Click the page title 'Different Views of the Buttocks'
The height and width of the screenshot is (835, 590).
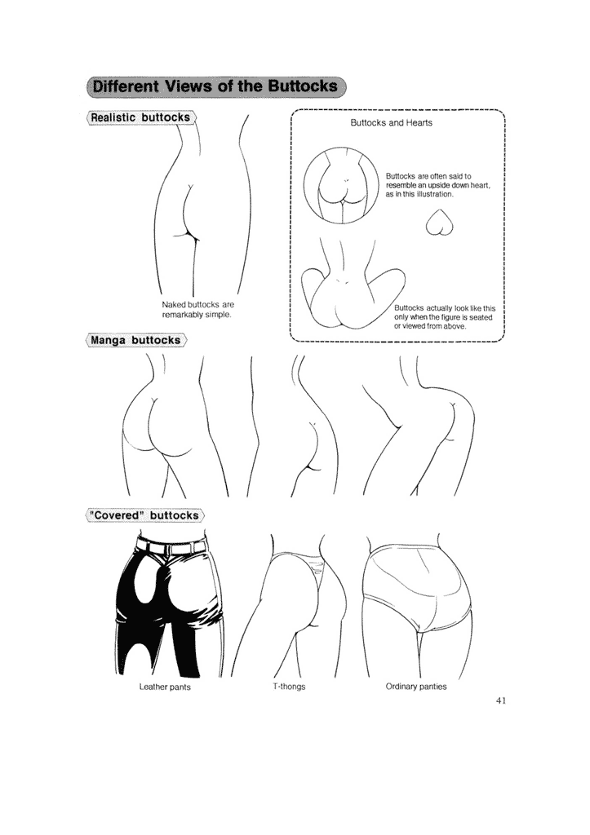click(x=215, y=86)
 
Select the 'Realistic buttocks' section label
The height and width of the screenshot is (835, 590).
click(x=140, y=117)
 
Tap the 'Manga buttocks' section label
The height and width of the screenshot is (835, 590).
click(x=136, y=340)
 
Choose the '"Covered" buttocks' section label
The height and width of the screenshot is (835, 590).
click(x=144, y=515)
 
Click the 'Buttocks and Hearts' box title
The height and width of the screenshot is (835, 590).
click(x=391, y=122)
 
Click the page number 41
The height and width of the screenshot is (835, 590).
click(x=500, y=700)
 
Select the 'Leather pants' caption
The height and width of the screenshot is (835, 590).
click(x=165, y=687)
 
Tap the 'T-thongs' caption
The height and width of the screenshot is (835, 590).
click(x=290, y=687)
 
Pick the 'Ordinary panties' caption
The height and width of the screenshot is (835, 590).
click(x=416, y=687)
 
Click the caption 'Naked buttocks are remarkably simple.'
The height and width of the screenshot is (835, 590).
click(x=197, y=309)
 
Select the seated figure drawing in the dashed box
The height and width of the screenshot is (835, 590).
click(x=351, y=282)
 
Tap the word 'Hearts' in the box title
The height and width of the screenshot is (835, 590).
click(x=419, y=122)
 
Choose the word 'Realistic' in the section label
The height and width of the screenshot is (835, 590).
click(x=113, y=117)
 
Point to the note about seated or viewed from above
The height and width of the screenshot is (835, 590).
click(x=445, y=317)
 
